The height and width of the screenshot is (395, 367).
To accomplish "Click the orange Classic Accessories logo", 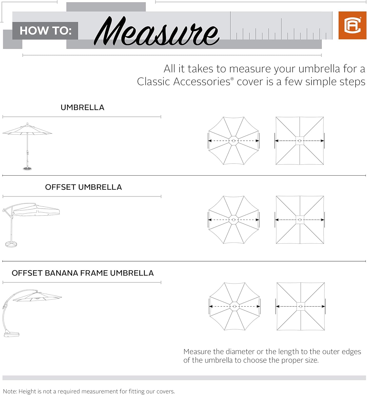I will [352, 25].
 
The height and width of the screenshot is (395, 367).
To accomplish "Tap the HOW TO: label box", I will [45, 31].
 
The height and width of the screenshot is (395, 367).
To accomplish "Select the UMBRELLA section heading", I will [82, 107].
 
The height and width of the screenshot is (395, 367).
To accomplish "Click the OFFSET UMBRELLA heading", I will [83, 187].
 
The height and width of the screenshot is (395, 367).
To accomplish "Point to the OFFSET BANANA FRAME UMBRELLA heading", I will [83, 273].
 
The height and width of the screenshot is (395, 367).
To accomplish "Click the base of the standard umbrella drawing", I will [27, 169].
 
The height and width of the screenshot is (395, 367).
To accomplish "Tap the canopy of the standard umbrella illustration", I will [27, 130].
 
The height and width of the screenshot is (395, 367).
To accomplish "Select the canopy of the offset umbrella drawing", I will [36, 211].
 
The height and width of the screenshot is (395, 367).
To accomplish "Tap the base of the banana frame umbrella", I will [12, 334].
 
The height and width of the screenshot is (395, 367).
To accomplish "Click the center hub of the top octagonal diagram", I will [233, 141].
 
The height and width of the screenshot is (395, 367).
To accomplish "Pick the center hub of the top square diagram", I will [300, 141].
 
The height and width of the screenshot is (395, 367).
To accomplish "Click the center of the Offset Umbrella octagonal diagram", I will [233, 220].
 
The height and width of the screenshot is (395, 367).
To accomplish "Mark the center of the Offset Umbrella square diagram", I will [300, 220].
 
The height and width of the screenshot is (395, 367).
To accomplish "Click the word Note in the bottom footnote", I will [9, 391].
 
